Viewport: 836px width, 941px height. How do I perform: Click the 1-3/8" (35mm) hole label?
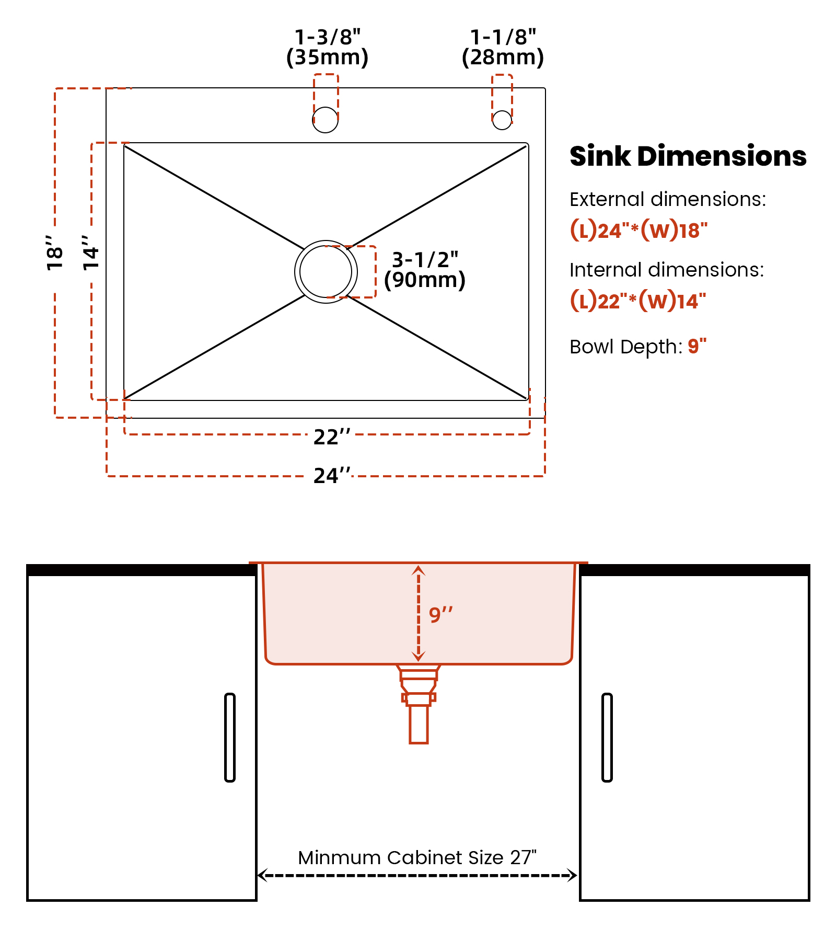328,47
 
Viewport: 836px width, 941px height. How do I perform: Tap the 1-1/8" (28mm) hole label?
503,47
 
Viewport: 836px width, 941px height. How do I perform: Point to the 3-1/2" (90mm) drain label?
424,270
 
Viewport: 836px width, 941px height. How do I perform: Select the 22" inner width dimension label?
332,437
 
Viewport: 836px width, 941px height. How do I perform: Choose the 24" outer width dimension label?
332,475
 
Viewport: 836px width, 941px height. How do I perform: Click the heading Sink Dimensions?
688,156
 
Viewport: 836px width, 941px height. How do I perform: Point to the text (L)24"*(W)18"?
638,230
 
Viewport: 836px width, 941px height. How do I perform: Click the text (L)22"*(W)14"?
638,301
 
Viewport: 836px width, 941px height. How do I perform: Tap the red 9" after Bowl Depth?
697,346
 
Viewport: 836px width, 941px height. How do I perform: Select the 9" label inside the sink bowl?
440,614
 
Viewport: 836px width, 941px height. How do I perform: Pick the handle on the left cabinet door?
230,738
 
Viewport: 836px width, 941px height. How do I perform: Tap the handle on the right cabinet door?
607,738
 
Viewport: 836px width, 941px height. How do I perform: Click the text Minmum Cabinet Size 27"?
417,857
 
